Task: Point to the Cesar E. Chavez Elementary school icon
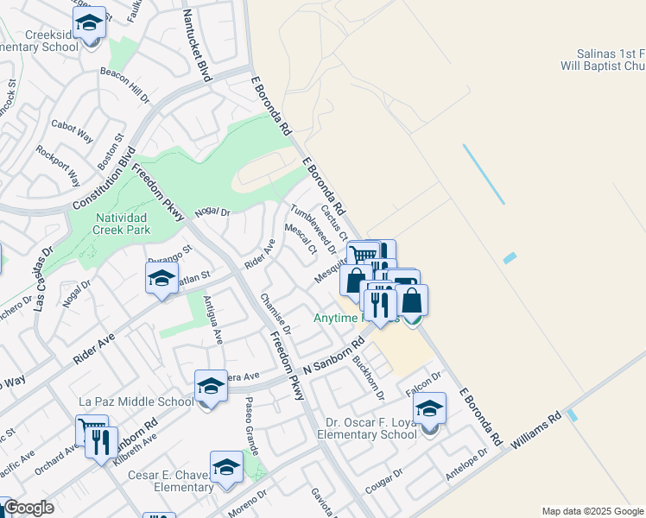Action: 226,467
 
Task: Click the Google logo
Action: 28,508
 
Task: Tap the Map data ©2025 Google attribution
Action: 592,511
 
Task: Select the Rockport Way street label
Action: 58,164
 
